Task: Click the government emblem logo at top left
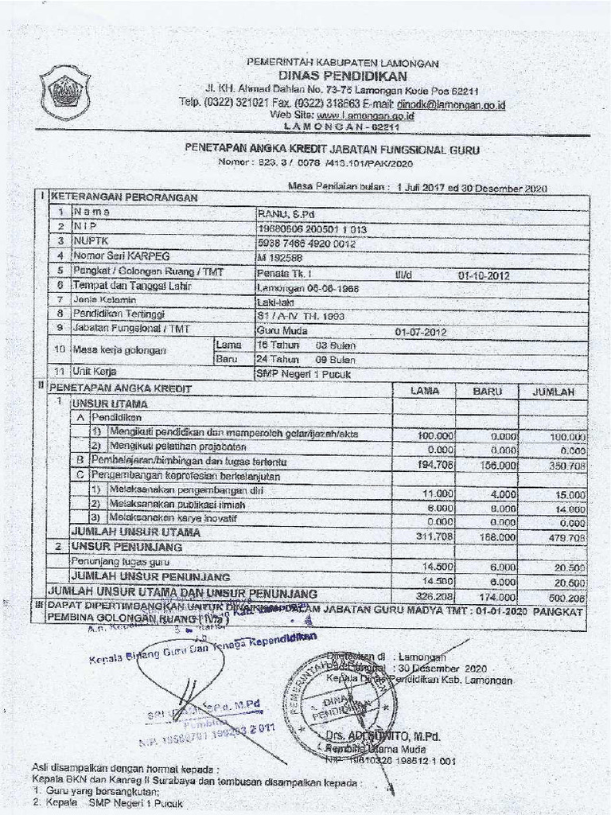click(64, 92)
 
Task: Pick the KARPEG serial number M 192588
click(278, 256)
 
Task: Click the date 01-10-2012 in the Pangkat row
click(484, 275)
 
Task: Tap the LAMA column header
click(424, 391)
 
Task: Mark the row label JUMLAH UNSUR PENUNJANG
click(150, 575)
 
